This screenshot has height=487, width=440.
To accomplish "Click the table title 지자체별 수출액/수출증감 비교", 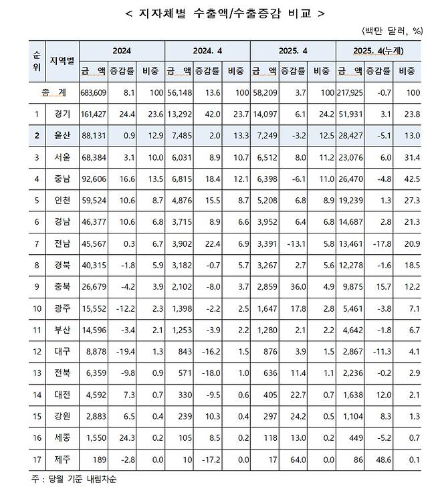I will [220, 12].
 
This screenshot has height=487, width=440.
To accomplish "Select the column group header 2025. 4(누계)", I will [379, 50].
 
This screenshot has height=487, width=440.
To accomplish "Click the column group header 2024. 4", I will [207, 50].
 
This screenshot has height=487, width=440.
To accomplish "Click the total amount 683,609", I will [93, 92].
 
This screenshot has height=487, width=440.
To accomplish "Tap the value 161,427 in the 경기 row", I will [93, 114].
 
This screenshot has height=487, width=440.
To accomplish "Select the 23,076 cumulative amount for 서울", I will [352, 158].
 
